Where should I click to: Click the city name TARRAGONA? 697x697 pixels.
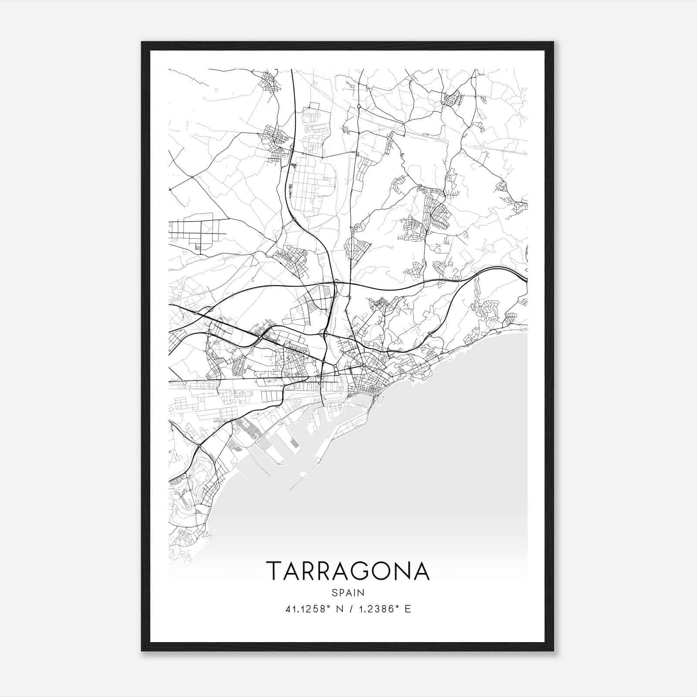tap(348, 571)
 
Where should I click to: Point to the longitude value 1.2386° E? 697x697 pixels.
tap(383, 609)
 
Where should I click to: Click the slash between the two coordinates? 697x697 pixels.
tap(348, 609)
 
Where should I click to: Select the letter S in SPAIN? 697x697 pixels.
tap(334, 592)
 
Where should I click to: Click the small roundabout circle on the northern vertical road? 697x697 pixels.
tap(359, 106)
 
